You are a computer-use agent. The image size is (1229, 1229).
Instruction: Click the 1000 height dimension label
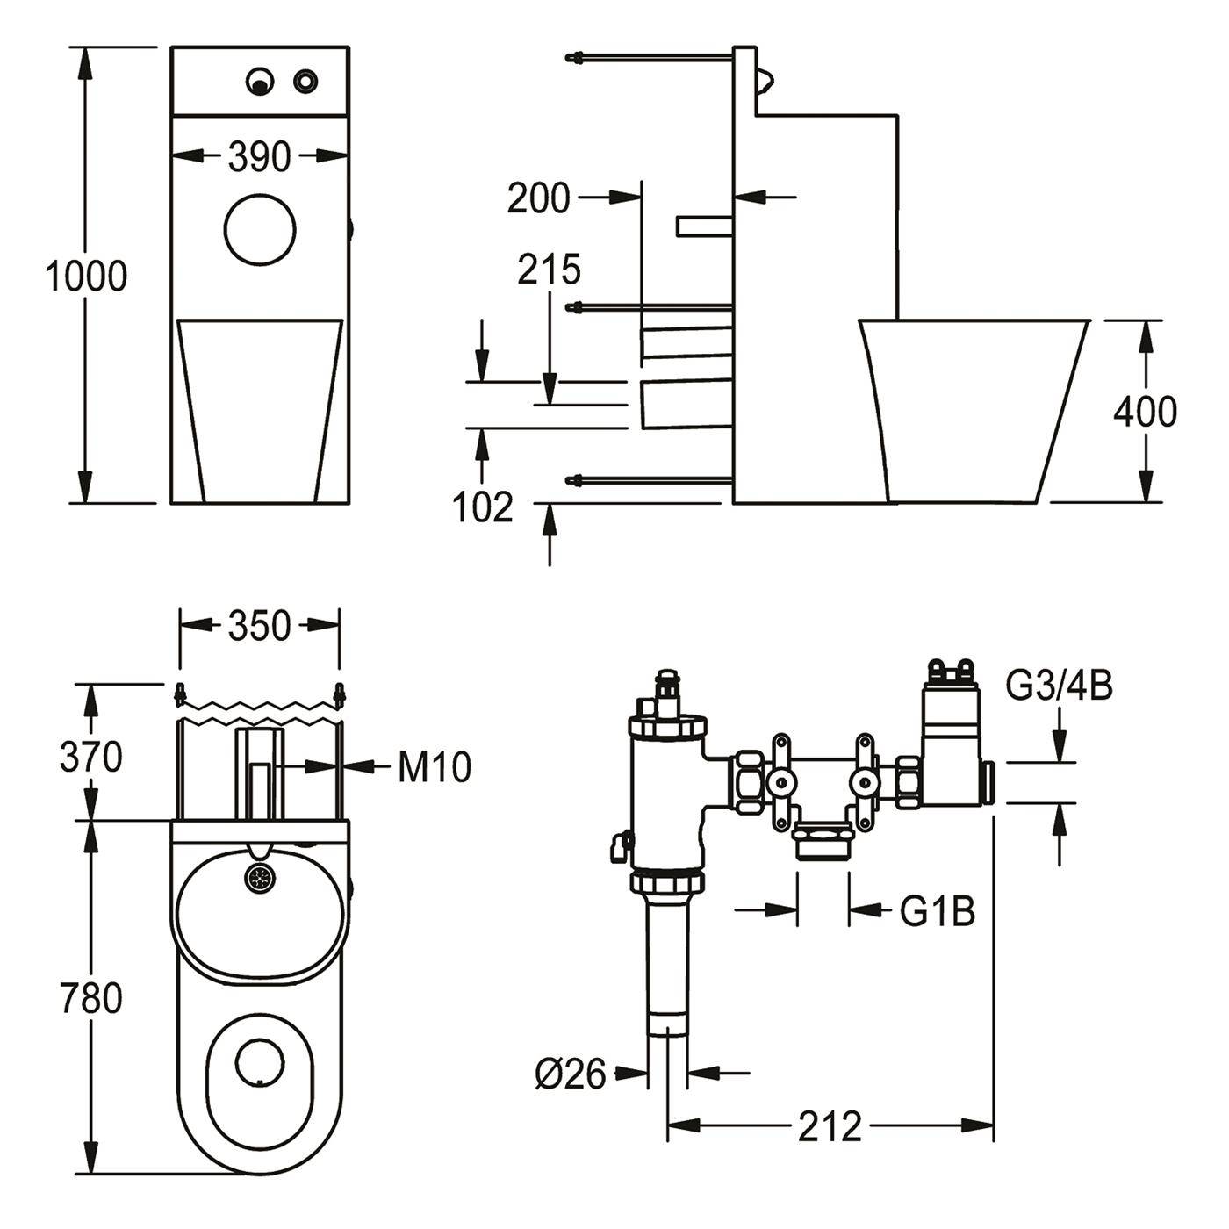click(x=86, y=277)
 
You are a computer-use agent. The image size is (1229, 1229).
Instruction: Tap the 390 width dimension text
click(x=260, y=156)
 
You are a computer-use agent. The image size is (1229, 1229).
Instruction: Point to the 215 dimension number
click(x=550, y=270)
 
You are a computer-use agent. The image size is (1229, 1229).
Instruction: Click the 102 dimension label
click(x=483, y=507)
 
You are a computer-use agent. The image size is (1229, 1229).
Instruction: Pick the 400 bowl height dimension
click(x=1146, y=412)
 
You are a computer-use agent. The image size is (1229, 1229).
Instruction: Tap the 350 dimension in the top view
click(x=260, y=626)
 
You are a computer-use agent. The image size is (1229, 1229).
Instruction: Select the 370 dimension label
click(x=91, y=758)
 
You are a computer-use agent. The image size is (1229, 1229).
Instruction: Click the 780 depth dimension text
click(x=91, y=998)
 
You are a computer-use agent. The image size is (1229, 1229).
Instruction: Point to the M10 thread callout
click(x=435, y=766)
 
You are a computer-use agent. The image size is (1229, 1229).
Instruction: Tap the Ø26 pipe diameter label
click(x=571, y=1074)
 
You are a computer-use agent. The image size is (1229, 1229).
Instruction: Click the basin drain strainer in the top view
click(x=261, y=878)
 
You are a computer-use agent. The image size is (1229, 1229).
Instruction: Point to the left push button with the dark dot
click(x=260, y=81)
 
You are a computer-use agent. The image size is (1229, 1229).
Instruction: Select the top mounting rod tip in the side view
click(x=570, y=58)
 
